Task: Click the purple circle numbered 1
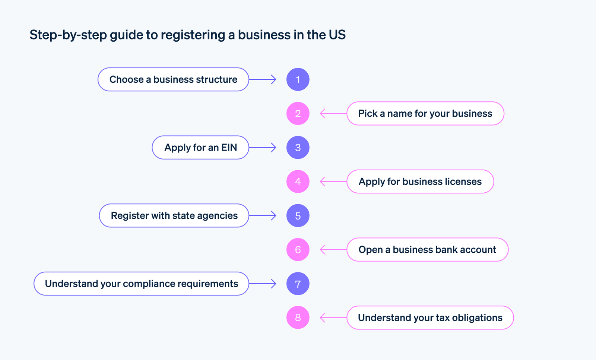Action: point(298,79)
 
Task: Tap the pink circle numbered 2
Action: point(298,113)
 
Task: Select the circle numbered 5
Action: point(298,216)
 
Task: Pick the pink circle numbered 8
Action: point(298,318)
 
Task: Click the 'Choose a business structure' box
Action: point(173,79)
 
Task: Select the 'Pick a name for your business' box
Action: point(425,113)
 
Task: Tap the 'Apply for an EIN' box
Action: point(200,148)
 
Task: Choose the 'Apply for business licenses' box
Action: point(420,181)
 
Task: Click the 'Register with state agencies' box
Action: point(174,216)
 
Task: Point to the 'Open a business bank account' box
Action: point(427,250)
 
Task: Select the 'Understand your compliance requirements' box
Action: point(141,284)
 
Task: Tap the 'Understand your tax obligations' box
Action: point(430,318)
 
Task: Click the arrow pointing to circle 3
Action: point(263,148)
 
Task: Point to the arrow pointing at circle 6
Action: point(333,250)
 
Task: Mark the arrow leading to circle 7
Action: point(263,284)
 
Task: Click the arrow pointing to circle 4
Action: point(333,181)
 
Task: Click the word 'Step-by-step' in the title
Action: point(68,35)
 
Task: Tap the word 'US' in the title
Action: point(337,35)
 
